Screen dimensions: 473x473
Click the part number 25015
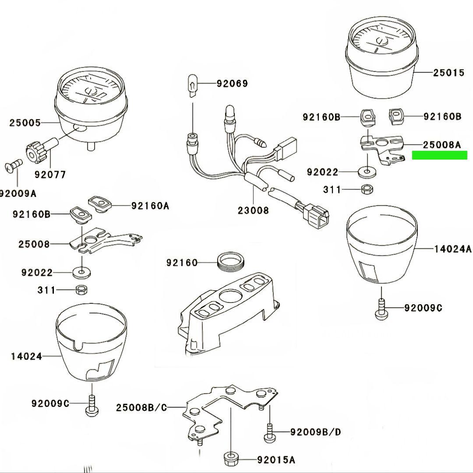pyautogui.click(x=448, y=73)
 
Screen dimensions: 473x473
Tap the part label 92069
pyautogui.click(x=232, y=83)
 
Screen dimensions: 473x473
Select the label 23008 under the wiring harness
pyautogui.click(x=253, y=210)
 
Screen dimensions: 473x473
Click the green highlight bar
pyautogui.click(x=439, y=155)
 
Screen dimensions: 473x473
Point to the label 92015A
pyautogui.click(x=275, y=460)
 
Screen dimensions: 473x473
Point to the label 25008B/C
pyautogui.click(x=141, y=408)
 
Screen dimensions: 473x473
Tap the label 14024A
pyautogui.click(x=452, y=249)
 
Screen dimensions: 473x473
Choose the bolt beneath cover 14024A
pyautogui.click(x=381, y=308)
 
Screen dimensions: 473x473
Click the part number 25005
pyautogui.click(x=25, y=123)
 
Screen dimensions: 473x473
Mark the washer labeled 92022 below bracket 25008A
pyautogui.click(x=367, y=171)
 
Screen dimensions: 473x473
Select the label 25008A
pyautogui.click(x=442, y=144)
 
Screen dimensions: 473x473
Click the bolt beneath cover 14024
pyautogui.click(x=92, y=404)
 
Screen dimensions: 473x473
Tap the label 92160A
pyautogui.click(x=150, y=205)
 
